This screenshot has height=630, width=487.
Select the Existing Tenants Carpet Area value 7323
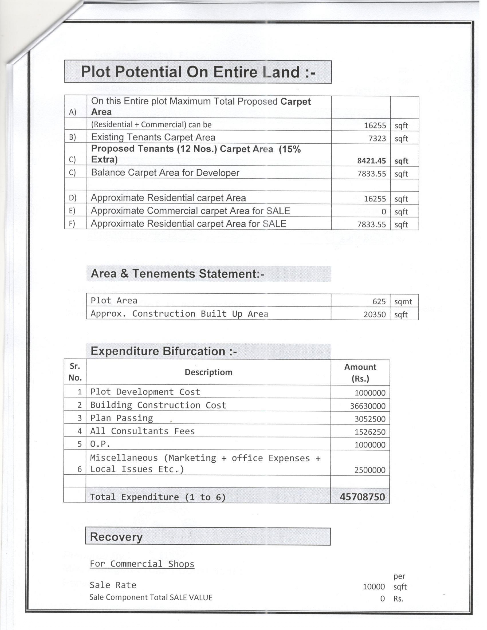(377, 138)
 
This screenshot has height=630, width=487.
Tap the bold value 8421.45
(371, 161)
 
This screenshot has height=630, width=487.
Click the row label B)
(72, 137)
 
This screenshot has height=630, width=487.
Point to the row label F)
(72, 224)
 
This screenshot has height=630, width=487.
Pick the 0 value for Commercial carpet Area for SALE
(383, 212)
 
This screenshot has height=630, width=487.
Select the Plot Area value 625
(379, 301)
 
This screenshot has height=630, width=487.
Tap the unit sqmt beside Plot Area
(403, 301)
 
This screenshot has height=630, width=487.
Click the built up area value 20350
(375, 314)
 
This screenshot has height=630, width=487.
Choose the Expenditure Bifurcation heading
(164, 351)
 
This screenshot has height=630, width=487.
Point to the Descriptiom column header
(208, 372)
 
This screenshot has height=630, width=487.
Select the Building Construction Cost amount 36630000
(368, 406)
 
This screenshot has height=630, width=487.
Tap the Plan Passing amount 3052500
(370, 419)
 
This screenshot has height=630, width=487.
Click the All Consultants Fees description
(142, 431)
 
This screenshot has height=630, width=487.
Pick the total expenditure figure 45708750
(362, 497)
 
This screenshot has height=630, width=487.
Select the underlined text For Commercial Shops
(142, 564)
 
